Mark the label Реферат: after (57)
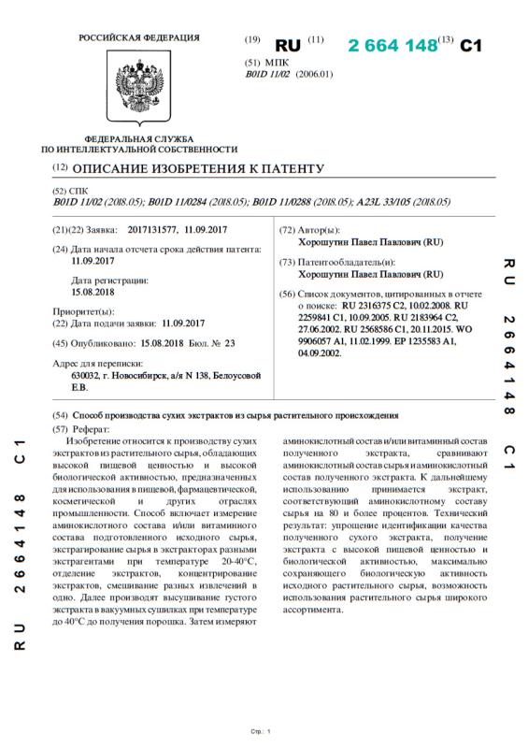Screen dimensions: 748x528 (93, 427)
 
